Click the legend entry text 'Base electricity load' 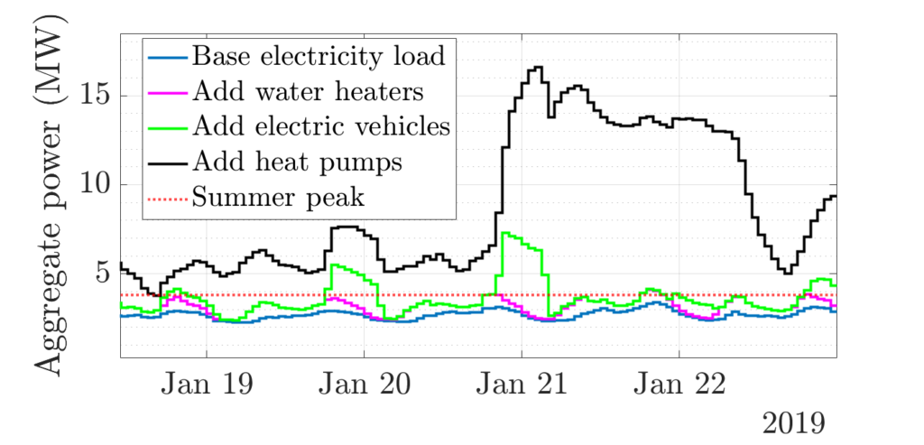pyautogui.click(x=319, y=57)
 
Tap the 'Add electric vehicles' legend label pyautogui.click(x=321, y=125)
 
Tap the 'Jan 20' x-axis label pyautogui.click(x=364, y=385)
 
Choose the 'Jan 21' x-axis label pyautogui.click(x=522, y=385)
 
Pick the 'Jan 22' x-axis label pyautogui.click(x=679, y=385)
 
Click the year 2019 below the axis pyautogui.click(x=793, y=422)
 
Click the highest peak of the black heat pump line pyautogui.click(x=537, y=68)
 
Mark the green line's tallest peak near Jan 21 pyautogui.click(x=507, y=234)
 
